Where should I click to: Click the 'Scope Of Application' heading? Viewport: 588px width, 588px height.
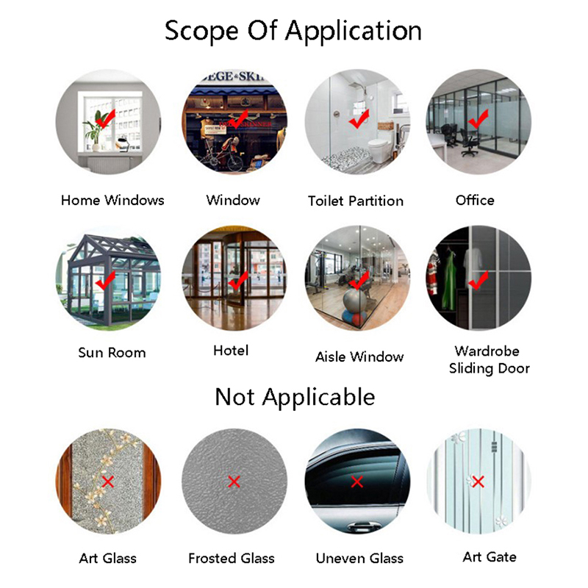tap(293, 32)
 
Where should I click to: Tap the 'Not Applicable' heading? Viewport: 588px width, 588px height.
tap(295, 397)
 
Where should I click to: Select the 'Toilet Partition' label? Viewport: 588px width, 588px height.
tap(355, 201)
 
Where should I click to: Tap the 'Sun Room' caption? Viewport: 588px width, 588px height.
tap(112, 353)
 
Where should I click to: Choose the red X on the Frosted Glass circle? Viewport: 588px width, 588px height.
tap(234, 481)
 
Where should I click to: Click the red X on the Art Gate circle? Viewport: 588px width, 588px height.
tap(478, 481)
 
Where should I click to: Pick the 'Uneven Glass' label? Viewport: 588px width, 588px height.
tap(359, 558)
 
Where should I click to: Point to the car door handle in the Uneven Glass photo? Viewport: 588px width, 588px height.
tap(360, 527)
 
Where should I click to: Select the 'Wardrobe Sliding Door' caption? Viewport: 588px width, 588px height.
tap(489, 359)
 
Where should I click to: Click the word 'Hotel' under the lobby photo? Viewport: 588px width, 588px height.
tap(231, 351)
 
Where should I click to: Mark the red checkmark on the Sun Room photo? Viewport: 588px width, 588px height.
tap(105, 280)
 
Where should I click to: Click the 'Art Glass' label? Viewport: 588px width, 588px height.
tap(107, 558)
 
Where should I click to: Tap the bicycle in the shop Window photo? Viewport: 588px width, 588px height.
tap(219, 157)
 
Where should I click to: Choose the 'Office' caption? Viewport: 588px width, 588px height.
tap(475, 200)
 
